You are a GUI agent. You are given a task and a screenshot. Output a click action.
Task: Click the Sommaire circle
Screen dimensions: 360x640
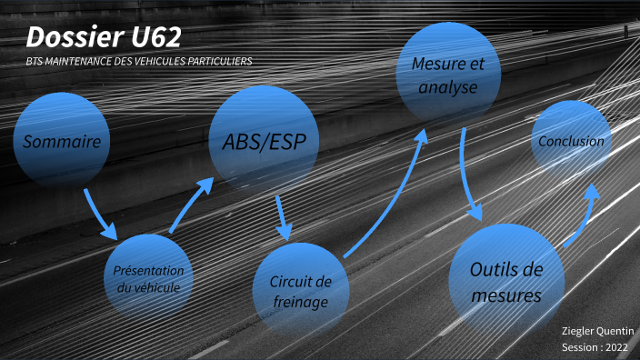(x=62, y=142)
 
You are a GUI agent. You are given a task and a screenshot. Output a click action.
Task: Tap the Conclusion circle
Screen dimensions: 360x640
(x=571, y=141)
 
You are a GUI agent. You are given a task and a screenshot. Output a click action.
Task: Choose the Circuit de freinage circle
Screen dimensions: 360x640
(x=300, y=290)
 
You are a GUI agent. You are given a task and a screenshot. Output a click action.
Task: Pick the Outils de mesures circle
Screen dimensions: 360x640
(x=505, y=281)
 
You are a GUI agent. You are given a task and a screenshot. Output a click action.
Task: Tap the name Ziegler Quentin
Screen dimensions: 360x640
(x=597, y=331)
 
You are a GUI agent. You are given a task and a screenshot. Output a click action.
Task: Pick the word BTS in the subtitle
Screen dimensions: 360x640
(x=35, y=62)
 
